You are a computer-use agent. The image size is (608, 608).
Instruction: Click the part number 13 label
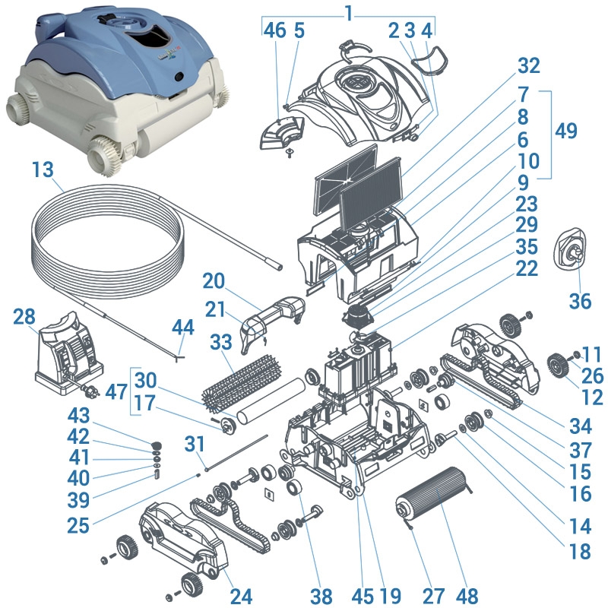(44, 169)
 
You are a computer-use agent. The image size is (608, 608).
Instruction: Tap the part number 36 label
(580, 302)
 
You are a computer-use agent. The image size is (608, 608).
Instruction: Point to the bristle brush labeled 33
(236, 379)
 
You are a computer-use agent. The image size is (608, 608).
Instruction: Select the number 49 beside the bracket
(565, 131)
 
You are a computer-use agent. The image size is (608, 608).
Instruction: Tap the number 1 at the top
(348, 13)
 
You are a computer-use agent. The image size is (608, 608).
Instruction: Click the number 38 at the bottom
(322, 597)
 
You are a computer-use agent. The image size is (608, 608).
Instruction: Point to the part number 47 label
(116, 392)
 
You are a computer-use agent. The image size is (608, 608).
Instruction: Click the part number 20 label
(215, 280)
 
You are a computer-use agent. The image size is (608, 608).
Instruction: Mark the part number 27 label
(413, 597)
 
